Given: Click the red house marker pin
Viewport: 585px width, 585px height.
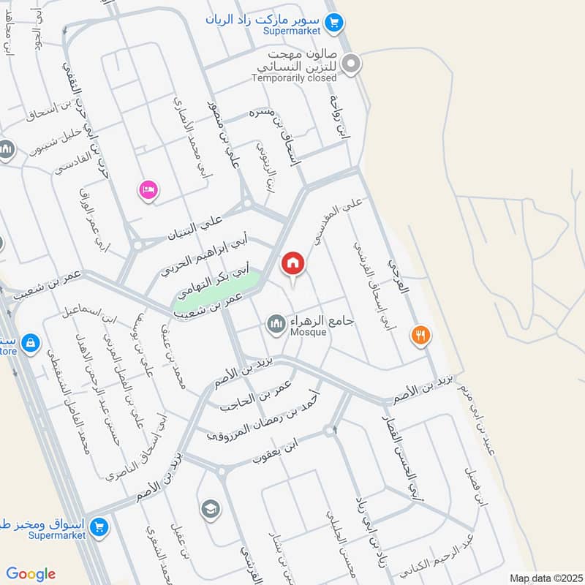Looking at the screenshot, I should [x=293, y=263].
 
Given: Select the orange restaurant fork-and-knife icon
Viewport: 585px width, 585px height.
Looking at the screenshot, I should [x=421, y=335].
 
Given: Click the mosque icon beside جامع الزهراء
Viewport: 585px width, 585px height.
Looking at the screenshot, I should [x=276, y=323].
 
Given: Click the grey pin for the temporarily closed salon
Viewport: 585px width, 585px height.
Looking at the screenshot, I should [x=352, y=64].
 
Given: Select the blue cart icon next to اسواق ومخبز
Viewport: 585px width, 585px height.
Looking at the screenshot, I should [x=101, y=526].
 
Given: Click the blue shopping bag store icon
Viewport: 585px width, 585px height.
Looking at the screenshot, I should [x=30, y=341].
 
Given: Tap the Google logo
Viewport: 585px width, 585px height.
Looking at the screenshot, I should [x=31, y=574].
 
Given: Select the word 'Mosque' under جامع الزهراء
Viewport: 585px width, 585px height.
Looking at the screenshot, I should [x=308, y=333].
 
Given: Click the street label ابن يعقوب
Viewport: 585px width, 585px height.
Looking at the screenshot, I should [x=276, y=449].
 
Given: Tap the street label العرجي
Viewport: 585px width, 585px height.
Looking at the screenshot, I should [x=399, y=282].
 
